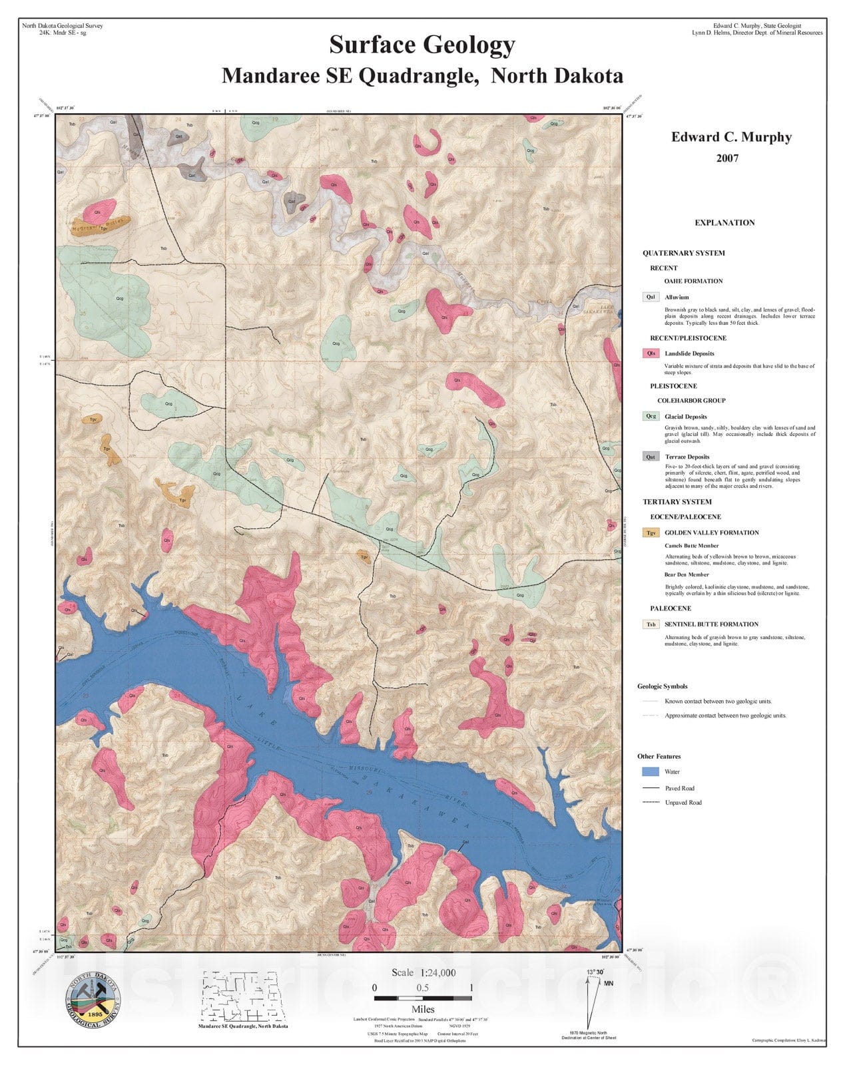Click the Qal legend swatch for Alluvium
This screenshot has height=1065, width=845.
coord(651,297)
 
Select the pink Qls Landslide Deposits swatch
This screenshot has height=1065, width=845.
coord(651,353)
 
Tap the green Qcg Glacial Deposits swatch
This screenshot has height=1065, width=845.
coord(651,416)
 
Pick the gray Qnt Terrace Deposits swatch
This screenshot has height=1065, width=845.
coord(651,457)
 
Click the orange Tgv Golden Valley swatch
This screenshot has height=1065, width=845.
coord(651,532)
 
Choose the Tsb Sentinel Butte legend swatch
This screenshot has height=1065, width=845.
coord(651,624)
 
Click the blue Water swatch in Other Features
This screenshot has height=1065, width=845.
coord(651,771)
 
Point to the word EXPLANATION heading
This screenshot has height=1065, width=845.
coord(724,223)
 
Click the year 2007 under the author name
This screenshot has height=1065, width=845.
coord(727,158)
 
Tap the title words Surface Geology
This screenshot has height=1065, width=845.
coord(422,45)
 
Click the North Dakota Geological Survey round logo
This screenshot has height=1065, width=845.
coord(93,996)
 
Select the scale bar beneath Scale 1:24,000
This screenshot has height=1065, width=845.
coord(422,998)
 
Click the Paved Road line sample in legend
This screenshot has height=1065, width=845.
coord(651,788)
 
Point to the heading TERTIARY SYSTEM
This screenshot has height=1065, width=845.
coord(677,502)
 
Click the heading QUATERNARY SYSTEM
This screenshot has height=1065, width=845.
coord(683,253)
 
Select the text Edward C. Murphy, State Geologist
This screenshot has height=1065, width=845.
coord(756,25)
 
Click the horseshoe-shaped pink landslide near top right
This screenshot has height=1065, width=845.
coord(429,142)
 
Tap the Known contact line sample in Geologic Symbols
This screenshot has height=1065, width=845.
coord(651,701)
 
